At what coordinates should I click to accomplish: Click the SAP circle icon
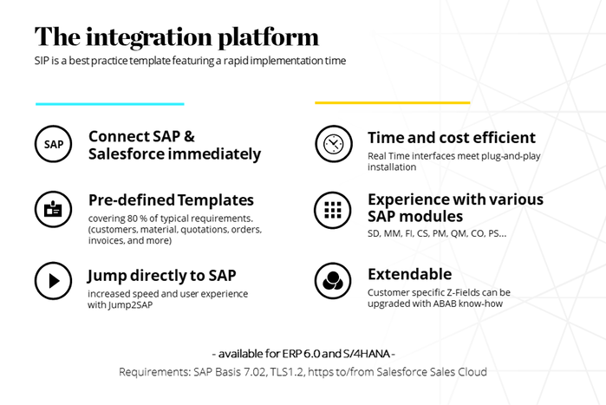[x=54, y=144]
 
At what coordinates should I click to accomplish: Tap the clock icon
[x=334, y=144]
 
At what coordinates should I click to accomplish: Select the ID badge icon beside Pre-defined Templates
[x=54, y=210]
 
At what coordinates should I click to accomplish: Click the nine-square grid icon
[x=333, y=210]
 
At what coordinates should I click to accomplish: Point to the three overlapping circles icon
[x=333, y=281]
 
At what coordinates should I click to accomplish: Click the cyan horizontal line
[x=110, y=103]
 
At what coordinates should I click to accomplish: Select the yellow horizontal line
[x=392, y=103]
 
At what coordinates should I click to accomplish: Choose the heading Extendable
[x=410, y=274]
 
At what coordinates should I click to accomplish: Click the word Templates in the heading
[x=216, y=200]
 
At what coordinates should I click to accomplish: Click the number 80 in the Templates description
[x=133, y=219]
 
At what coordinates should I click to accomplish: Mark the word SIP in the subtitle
[x=42, y=61]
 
